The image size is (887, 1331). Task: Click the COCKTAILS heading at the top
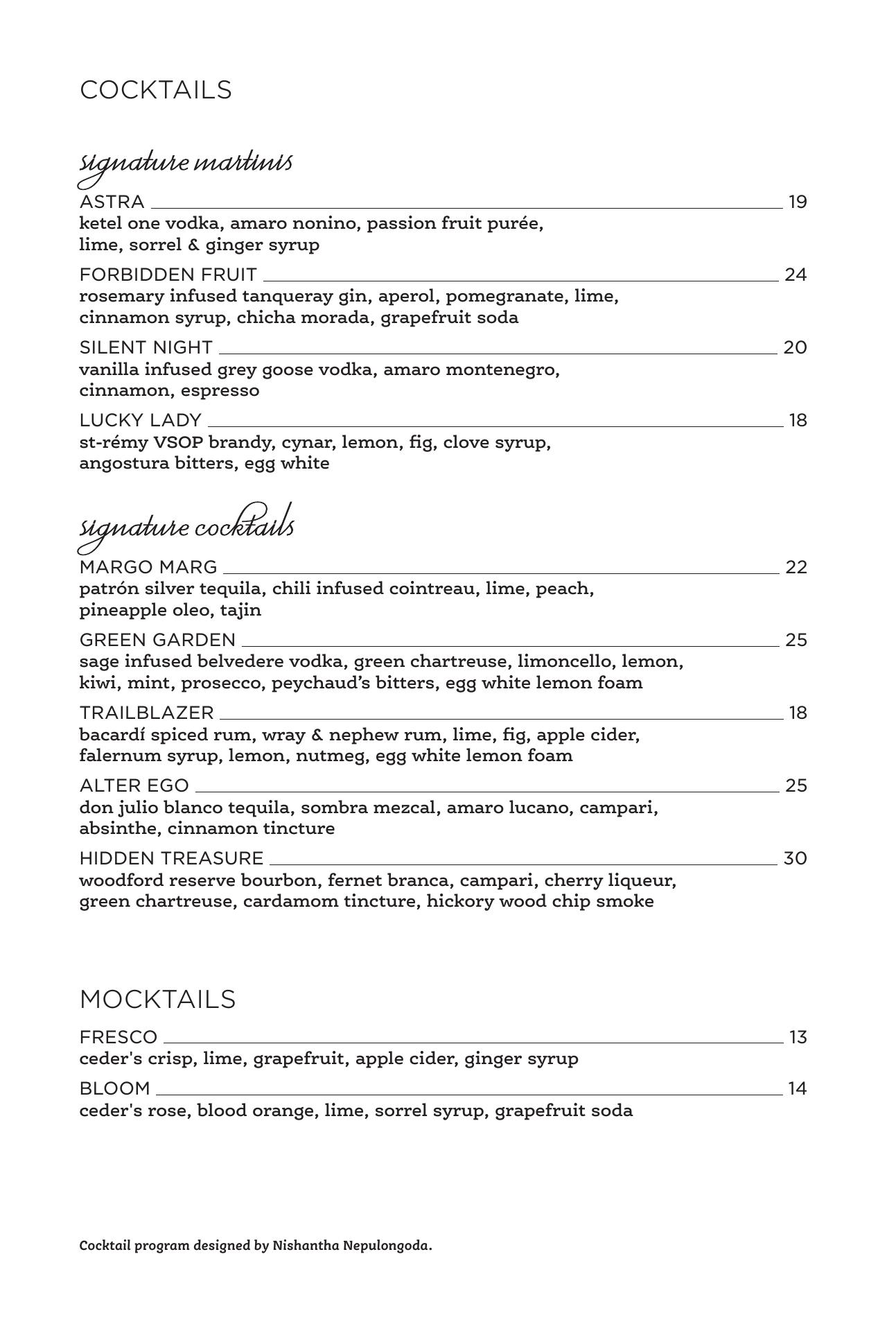click(156, 90)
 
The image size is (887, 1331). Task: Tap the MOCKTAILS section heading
click(158, 1000)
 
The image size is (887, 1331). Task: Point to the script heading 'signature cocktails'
click(187, 528)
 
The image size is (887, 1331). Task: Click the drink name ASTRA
click(112, 202)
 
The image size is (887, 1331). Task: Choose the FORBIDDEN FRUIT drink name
click(168, 275)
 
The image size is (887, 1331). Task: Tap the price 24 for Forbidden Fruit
click(796, 275)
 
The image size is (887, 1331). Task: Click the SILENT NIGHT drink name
click(146, 347)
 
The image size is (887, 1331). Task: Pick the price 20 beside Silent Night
click(795, 347)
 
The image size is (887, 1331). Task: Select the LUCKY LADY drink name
click(141, 421)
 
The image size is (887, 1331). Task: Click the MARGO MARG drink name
click(148, 568)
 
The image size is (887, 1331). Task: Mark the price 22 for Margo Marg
click(796, 568)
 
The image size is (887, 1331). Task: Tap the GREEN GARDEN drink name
click(158, 640)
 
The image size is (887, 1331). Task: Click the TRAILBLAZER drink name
click(147, 713)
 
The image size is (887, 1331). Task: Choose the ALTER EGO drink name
click(134, 786)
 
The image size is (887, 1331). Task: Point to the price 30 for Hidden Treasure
click(796, 859)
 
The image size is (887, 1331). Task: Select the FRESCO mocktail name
click(118, 1038)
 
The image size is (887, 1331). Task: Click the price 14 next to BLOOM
click(798, 1089)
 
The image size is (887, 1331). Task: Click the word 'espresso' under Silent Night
click(220, 390)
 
